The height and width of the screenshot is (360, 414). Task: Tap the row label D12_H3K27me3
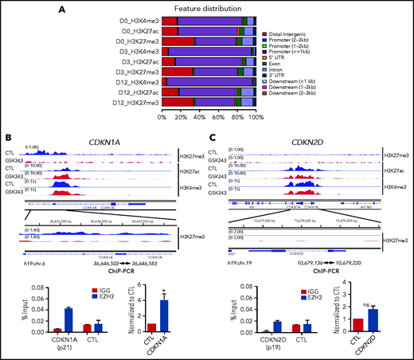tap(135, 102)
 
